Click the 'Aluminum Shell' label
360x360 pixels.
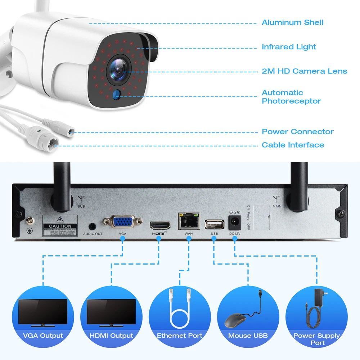[292, 23]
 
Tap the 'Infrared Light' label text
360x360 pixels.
[289, 47]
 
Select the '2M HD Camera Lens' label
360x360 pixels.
[304, 71]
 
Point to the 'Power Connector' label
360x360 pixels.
[297, 132]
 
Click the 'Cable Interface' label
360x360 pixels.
[293, 145]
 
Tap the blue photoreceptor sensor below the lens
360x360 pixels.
[116, 94]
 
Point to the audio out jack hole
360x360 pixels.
[93, 226]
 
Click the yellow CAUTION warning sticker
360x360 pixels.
[60, 225]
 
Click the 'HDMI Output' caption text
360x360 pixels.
[111, 336]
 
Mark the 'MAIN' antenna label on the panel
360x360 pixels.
[277, 206]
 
